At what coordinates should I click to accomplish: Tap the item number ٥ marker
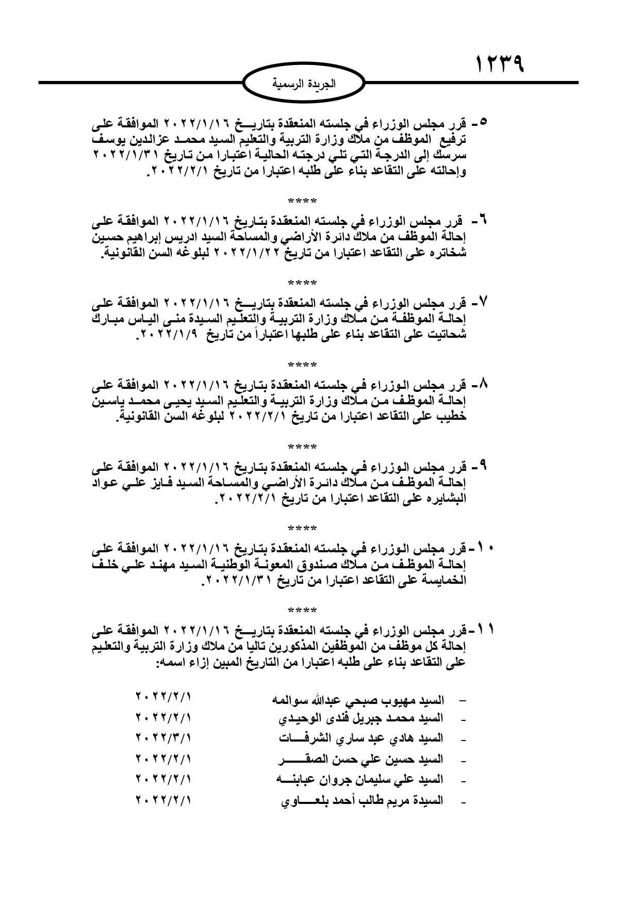pos(483,123)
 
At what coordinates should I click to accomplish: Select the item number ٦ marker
pos(483,220)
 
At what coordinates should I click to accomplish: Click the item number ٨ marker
pos(483,384)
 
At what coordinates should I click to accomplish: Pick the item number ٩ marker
pos(483,466)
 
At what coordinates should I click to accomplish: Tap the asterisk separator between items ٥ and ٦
pos(303,200)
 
